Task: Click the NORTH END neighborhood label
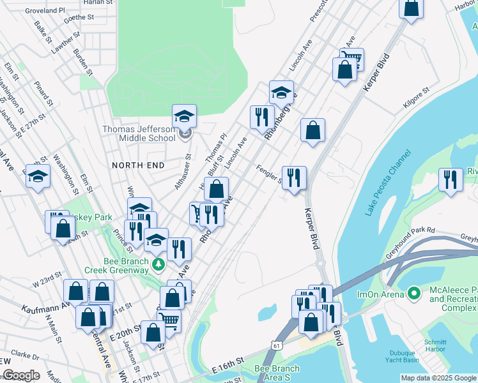pos(138,165)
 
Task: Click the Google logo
pos(21,375)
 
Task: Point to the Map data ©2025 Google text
pos(438,378)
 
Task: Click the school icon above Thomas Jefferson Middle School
pos(184,116)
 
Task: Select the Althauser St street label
pos(183,171)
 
